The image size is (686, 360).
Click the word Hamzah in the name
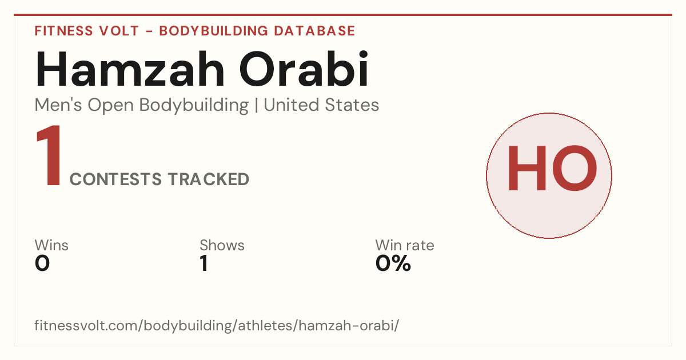tap(130, 70)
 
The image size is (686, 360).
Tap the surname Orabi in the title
tap(304, 69)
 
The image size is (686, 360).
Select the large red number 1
tap(49, 155)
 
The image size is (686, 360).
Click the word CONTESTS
tap(115, 179)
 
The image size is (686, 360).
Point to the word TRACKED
tap(209, 179)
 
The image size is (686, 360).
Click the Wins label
tap(51, 245)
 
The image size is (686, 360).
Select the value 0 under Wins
tap(42, 263)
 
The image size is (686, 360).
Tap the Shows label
tap(222, 245)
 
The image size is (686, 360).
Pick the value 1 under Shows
tap(204, 263)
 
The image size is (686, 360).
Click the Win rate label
tap(405, 245)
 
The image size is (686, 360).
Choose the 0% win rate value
tap(393, 263)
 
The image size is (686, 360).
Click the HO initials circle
tap(549, 175)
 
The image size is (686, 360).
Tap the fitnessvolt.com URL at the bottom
tap(217, 325)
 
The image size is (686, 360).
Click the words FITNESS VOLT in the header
tap(87, 31)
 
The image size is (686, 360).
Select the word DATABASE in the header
tap(314, 31)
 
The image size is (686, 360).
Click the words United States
tap(321, 105)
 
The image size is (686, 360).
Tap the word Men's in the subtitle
tap(58, 105)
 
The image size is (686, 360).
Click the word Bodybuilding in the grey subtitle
tap(194, 106)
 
